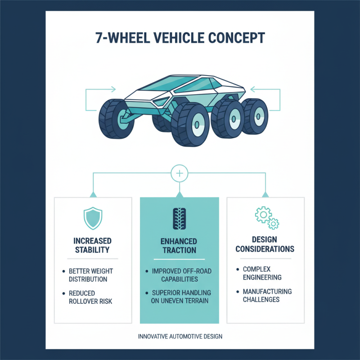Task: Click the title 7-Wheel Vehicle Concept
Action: click(x=180, y=37)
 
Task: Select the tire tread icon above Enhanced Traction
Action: click(x=180, y=218)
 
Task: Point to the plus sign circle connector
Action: click(x=180, y=173)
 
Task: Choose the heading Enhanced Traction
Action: click(x=180, y=246)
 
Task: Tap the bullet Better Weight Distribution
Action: click(x=90, y=275)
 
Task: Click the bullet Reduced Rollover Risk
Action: click(x=90, y=297)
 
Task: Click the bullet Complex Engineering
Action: click(x=262, y=273)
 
